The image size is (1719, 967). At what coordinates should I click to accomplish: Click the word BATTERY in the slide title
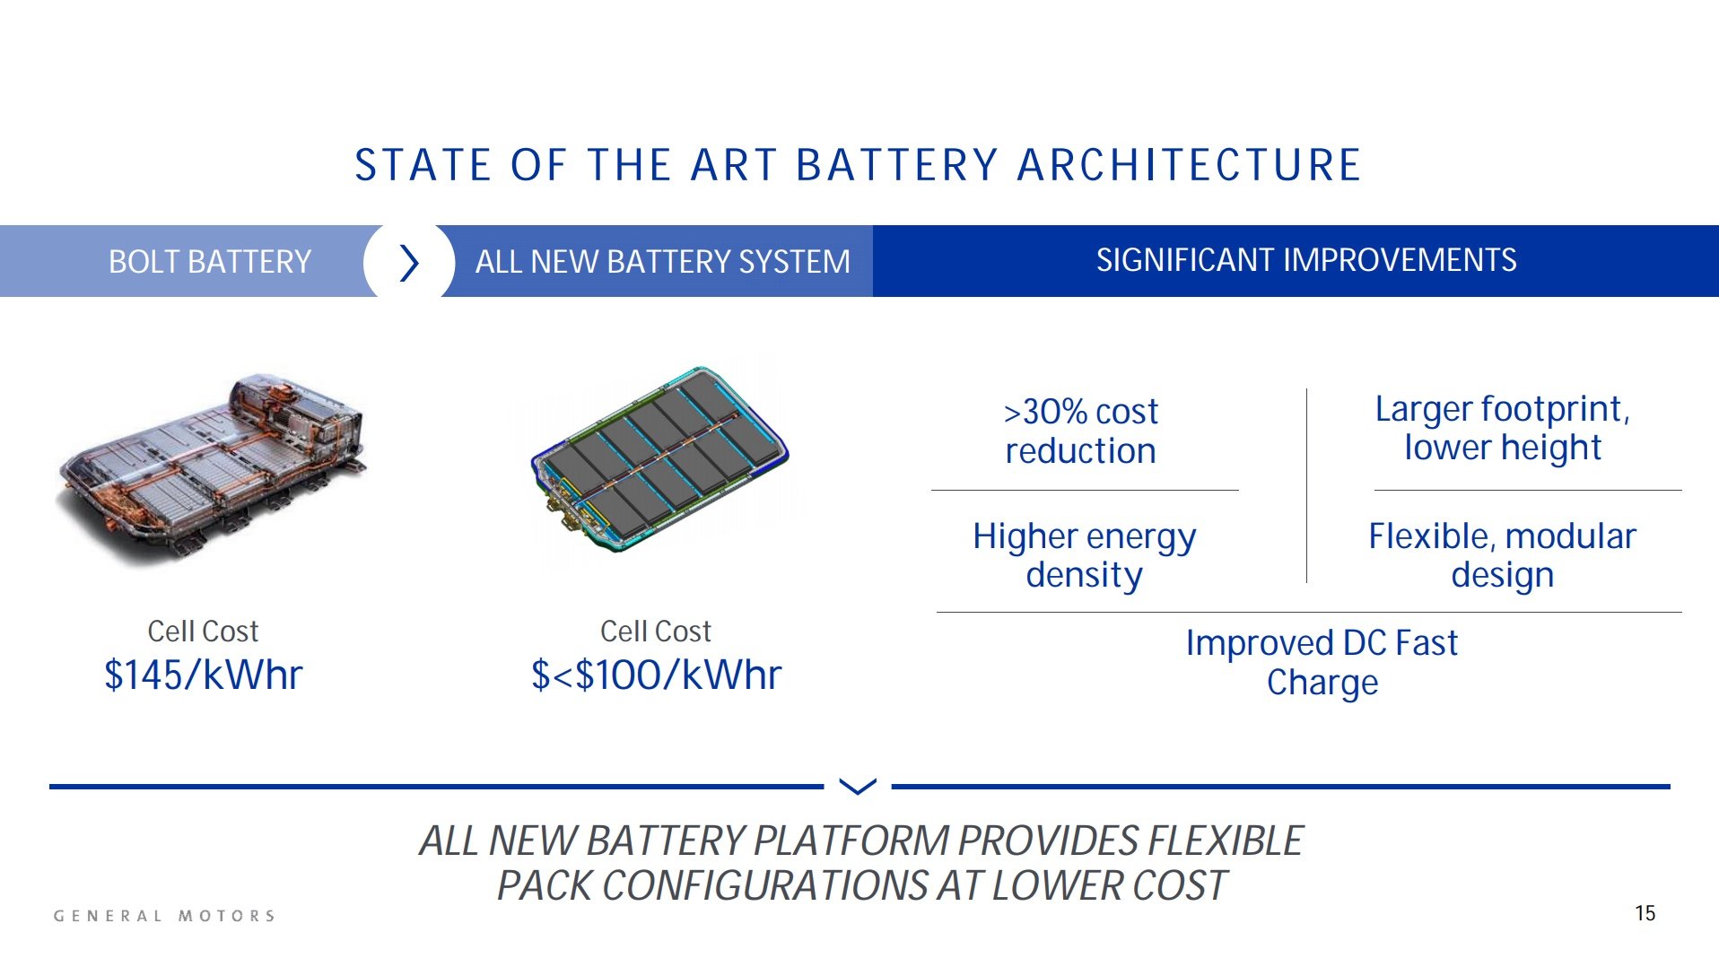(896, 166)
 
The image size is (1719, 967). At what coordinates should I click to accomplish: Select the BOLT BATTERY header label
(209, 262)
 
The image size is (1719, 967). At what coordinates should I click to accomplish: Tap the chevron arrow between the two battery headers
(409, 263)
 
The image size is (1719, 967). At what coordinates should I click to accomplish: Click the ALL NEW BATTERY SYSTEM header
(662, 262)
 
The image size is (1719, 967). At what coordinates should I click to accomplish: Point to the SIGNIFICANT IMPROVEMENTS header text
(1305, 260)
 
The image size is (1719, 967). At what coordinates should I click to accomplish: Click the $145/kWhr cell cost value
(204, 675)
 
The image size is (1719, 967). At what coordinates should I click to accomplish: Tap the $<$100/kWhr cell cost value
(656, 675)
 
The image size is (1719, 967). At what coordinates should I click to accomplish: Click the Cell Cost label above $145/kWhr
(203, 632)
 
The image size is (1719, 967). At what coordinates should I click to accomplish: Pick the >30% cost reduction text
(1080, 431)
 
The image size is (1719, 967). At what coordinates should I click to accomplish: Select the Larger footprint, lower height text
(1502, 428)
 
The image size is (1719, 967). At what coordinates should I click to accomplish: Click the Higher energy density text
(1084, 555)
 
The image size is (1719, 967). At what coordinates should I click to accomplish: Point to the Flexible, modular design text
(1502, 555)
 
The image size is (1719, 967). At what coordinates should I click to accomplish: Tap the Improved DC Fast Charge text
(1322, 663)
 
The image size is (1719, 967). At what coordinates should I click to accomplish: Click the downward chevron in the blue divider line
(857, 787)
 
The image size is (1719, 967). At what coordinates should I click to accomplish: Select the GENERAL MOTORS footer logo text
(164, 916)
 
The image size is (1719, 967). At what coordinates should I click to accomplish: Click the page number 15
(1645, 913)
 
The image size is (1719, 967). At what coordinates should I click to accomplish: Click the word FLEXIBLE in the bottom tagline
(1225, 841)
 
